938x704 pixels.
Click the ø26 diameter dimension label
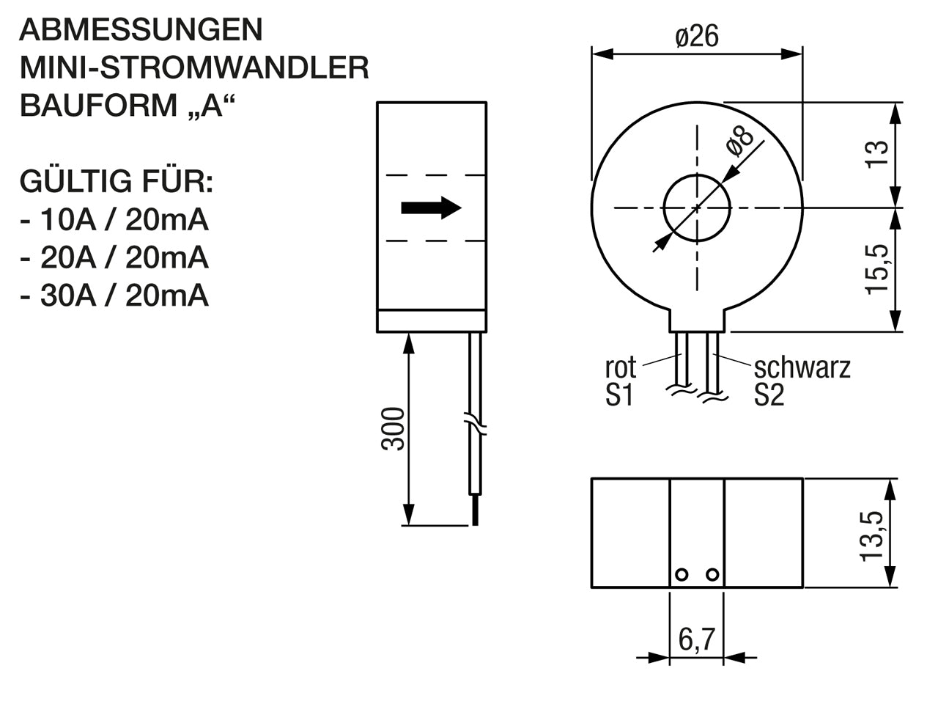tap(697, 37)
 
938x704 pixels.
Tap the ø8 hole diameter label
tap(740, 141)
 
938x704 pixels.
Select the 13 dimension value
tap(878, 154)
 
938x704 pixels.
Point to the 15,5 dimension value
tap(878, 270)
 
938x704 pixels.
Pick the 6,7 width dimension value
tap(696, 639)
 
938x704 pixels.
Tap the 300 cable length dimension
tap(394, 429)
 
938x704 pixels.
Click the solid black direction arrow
tap(431, 208)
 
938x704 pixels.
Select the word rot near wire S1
tap(621, 367)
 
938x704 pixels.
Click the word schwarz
tap(802, 367)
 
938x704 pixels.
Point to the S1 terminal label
tap(619, 396)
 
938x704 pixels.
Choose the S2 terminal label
tap(769, 396)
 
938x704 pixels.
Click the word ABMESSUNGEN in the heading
tap(141, 30)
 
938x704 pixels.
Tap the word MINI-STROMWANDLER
tap(194, 68)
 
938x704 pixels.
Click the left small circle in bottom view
tap(682, 574)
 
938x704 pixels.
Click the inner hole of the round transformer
tap(697, 208)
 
